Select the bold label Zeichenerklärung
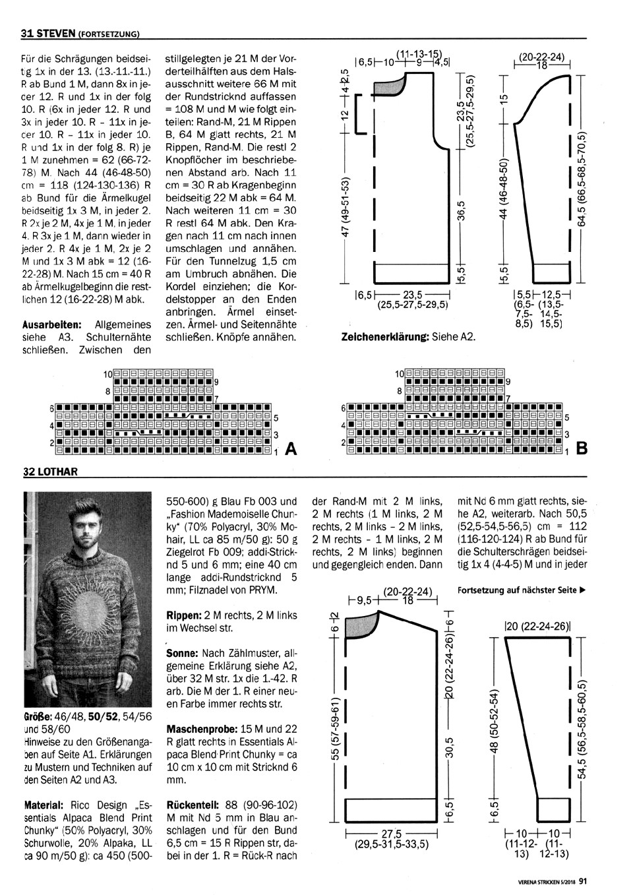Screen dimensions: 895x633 tap(384, 336)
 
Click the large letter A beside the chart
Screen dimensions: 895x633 tap(290, 450)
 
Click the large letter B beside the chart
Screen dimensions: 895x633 tap(582, 450)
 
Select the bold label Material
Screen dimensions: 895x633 tap(43, 805)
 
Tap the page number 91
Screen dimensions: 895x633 tap(583, 878)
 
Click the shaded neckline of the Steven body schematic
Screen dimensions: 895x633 tap(390, 84)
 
